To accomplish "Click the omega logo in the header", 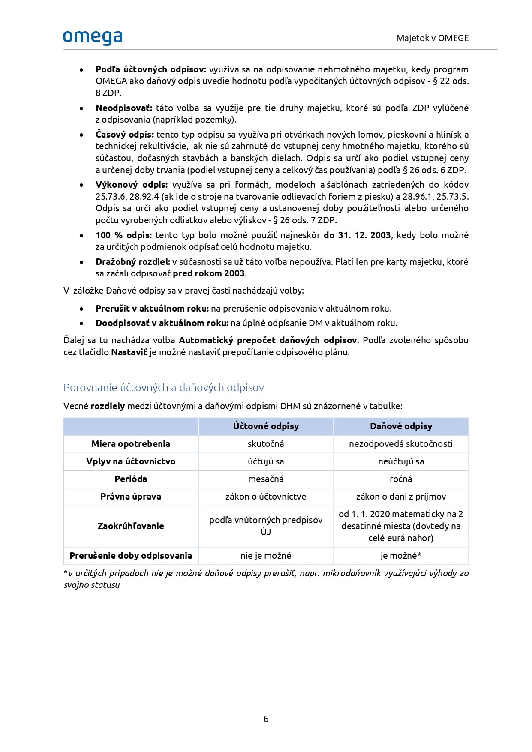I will [x=93, y=38].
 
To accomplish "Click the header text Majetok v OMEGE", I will [x=432, y=38].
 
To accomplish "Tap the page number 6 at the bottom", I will [x=266, y=719].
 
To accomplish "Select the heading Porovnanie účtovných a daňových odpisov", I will [x=163, y=387].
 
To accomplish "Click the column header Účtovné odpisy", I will [x=266, y=426].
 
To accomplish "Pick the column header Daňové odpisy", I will [x=401, y=426].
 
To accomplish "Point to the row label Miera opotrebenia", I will [x=131, y=444].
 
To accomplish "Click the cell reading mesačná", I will [x=266, y=479].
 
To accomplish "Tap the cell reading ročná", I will [x=401, y=479].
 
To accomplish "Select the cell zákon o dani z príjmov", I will [x=401, y=497].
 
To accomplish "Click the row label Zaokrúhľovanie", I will [x=131, y=526].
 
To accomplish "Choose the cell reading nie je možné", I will [x=266, y=556].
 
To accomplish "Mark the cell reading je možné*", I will [x=401, y=556].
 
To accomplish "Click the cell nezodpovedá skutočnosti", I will [x=401, y=444].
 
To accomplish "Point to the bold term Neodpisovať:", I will [x=124, y=108].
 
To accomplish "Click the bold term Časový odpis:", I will [x=125, y=135].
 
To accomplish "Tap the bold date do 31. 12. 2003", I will [x=357, y=235].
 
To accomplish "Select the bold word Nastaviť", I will [x=129, y=352].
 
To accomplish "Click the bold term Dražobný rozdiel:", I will [x=133, y=262].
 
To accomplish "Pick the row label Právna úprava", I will [x=131, y=497].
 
